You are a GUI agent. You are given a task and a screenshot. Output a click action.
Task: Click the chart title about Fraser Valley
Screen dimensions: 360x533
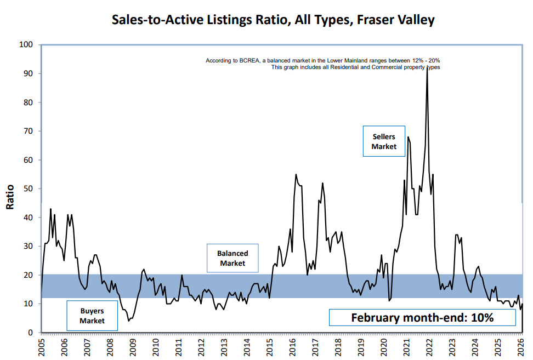click(273, 20)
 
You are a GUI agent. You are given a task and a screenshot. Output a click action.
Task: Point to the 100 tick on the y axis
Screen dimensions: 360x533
click(26, 44)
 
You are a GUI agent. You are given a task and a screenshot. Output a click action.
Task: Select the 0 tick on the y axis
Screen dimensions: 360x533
click(31, 333)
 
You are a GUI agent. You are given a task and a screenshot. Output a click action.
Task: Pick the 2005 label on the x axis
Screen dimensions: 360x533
click(42, 347)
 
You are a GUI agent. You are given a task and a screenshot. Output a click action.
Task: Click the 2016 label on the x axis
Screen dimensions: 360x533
click(293, 347)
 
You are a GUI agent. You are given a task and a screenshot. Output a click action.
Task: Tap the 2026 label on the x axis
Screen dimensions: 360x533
click(521, 347)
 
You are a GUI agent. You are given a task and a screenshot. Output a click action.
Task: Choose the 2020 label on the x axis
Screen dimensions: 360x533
click(384, 347)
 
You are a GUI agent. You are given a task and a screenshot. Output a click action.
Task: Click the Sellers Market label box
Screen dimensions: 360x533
click(384, 141)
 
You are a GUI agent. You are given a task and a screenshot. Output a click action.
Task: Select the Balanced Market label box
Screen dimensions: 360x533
click(233, 258)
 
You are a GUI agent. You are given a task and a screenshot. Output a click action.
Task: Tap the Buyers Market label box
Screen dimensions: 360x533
click(92, 316)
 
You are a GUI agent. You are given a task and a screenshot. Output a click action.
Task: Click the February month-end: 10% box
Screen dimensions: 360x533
click(422, 317)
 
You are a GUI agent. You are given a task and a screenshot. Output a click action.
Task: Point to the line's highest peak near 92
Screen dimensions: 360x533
click(427, 68)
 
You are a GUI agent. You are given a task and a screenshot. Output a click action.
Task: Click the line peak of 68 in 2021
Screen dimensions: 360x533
click(408, 137)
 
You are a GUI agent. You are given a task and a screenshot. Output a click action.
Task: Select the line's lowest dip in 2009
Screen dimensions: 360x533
click(128, 321)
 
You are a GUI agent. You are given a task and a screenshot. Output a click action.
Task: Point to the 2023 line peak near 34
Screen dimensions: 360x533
click(456, 235)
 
